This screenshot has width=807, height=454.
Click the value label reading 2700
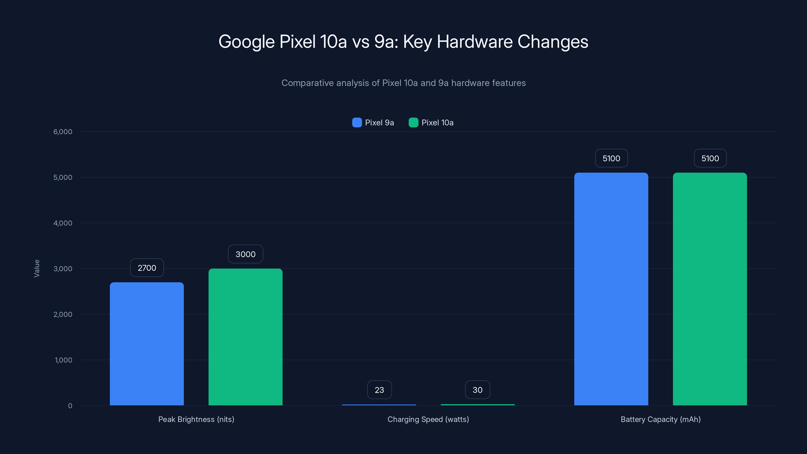(x=147, y=268)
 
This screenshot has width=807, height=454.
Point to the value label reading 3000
(x=245, y=254)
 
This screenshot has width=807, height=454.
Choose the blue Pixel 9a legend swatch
(x=357, y=123)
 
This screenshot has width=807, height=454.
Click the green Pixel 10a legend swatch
(x=413, y=123)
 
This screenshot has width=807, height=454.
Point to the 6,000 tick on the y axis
(x=63, y=132)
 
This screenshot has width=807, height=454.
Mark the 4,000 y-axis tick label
(x=63, y=223)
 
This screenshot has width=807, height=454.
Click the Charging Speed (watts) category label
(x=428, y=419)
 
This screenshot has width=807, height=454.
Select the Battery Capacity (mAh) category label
(x=660, y=419)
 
